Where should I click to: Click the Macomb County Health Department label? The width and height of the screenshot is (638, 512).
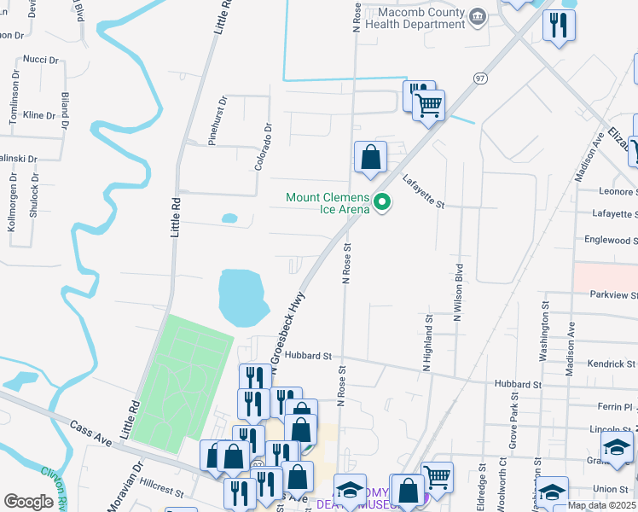415,19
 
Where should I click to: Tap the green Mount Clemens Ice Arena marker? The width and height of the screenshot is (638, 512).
382,203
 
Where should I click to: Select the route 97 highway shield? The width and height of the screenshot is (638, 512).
481,79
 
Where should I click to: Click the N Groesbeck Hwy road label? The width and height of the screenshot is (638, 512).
288,328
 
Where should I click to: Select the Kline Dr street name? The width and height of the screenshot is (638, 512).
39,114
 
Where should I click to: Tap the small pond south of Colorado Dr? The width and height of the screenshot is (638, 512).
229,218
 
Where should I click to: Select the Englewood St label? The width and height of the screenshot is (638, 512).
609,241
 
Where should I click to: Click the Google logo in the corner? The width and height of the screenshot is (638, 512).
28,501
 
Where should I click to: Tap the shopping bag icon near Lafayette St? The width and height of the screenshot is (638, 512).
370,157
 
